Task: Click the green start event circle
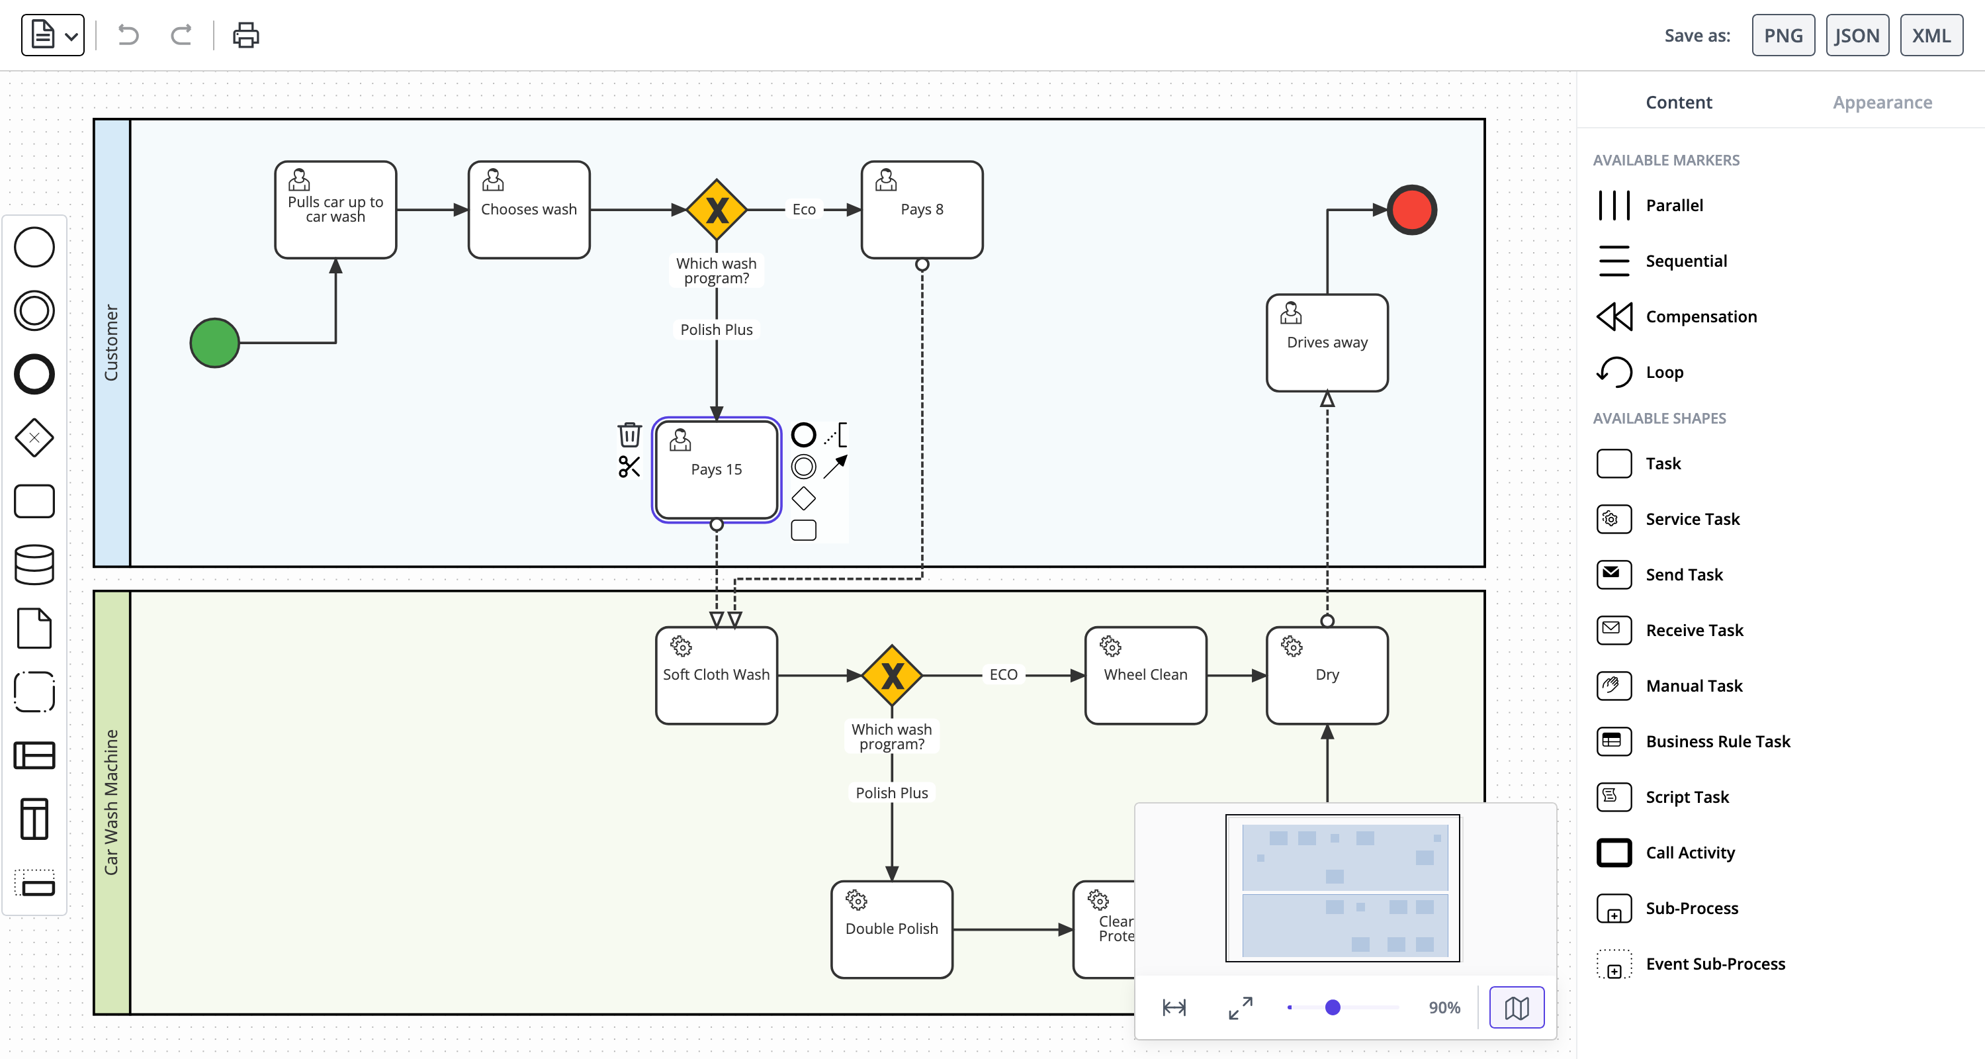[x=215, y=342]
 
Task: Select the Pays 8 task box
[x=922, y=210]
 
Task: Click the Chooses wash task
[x=529, y=210]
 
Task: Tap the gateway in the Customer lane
[x=717, y=210]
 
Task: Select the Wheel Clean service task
[x=1145, y=675]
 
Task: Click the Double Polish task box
[x=891, y=929]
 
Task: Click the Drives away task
[x=1327, y=343]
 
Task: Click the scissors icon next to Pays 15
[x=629, y=467]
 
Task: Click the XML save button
[x=1930, y=36]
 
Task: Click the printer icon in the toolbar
[x=246, y=36]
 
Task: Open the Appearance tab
[x=1882, y=103]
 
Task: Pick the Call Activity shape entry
[x=1689, y=852]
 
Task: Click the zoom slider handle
[x=1333, y=1007]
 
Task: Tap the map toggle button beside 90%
[x=1516, y=1007]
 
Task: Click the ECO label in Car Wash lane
[x=1003, y=674]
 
